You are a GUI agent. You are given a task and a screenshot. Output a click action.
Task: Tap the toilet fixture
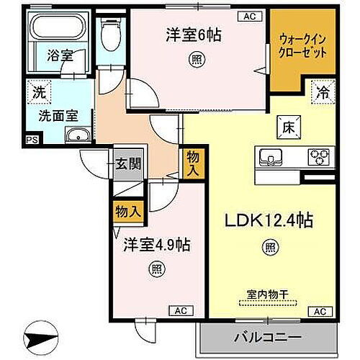tap(111, 32)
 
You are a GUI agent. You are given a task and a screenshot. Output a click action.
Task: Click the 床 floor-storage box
tap(285, 127)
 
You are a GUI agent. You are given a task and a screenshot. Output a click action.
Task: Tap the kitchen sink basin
tap(272, 156)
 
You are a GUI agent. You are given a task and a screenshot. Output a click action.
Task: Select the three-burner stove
tap(318, 156)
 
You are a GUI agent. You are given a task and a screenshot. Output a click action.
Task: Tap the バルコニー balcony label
tap(266, 336)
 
